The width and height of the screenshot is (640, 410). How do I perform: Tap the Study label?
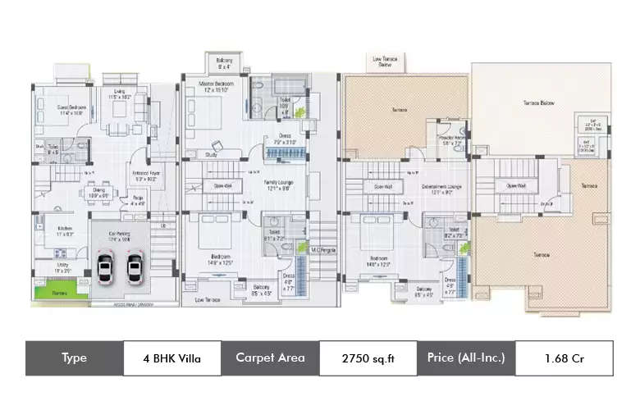point(211,153)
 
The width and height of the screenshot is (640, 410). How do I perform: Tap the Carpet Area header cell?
point(270,358)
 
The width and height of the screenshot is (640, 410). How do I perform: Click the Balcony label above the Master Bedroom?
point(224,61)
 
